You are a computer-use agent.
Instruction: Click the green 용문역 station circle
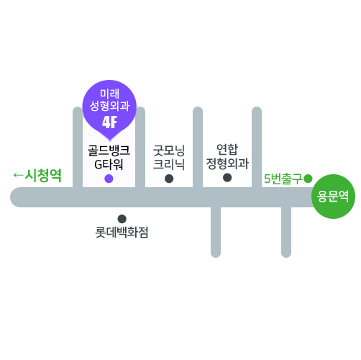(x=333, y=197)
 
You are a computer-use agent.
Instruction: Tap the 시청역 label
(x=43, y=176)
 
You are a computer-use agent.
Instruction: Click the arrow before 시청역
(x=18, y=175)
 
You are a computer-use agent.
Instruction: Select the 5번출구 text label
(x=283, y=179)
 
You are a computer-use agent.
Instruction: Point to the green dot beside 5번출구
(x=308, y=179)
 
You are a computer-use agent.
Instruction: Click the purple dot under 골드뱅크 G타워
(x=109, y=179)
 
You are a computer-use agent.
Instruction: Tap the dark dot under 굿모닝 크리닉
(x=169, y=179)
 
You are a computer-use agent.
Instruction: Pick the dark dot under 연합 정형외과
(x=227, y=178)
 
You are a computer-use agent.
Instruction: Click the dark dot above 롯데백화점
(x=122, y=219)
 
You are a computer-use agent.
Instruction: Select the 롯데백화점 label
(x=122, y=233)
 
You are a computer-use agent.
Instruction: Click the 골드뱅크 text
(x=109, y=150)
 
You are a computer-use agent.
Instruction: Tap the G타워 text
(x=109, y=164)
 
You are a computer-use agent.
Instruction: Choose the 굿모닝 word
(x=169, y=150)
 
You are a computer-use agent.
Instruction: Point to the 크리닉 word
(x=169, y=164)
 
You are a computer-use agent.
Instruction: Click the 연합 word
(x=227, y=149)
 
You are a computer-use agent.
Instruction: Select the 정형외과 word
(x=227, y=163)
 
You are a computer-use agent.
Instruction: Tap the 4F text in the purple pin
(x=109, y=122)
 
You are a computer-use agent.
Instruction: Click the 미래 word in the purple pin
(x=109, y=94)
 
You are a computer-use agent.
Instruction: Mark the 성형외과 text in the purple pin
(x=109, y=106)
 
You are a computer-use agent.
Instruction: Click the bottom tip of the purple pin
(x=110, y=140)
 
